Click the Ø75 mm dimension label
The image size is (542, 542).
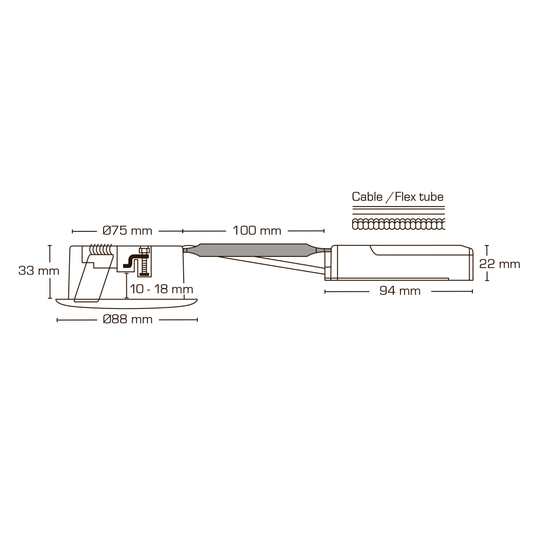pos(127,231)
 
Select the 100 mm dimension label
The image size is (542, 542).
pos(257,231)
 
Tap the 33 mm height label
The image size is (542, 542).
pos(39,271)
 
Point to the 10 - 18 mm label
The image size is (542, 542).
pos(161,289)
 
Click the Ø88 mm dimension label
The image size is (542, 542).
pos(128,319)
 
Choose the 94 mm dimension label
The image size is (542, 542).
pos(400,291)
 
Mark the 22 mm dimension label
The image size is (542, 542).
pos(500,264)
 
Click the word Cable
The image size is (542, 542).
pos(367,197)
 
